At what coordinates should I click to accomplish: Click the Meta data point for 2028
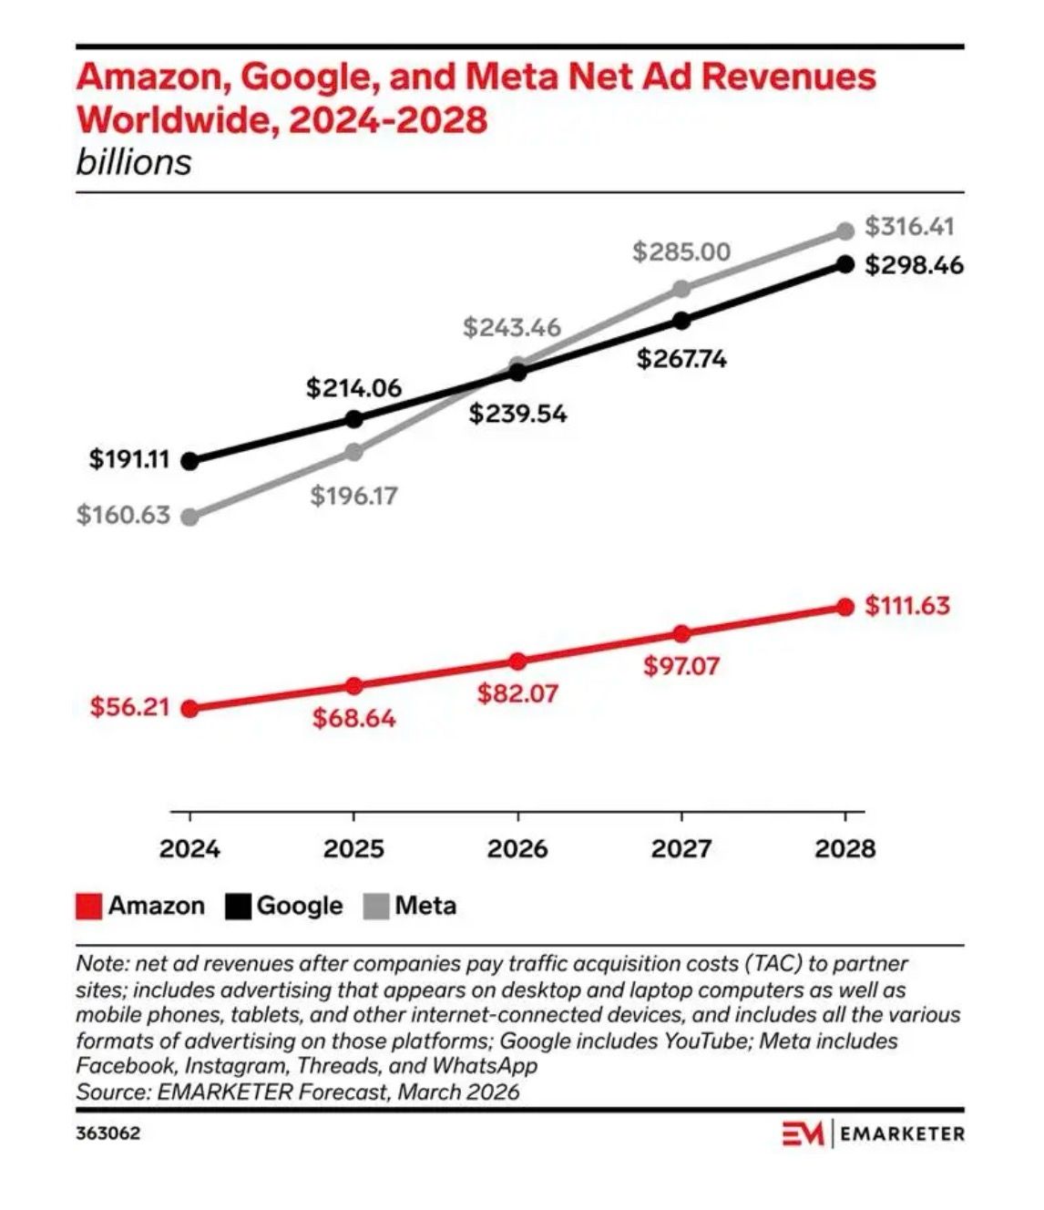(845, 231)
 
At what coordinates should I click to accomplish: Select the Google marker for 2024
(189, 461)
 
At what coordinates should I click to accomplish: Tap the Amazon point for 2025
(354, 685)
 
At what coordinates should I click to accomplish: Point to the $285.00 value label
(681, 251)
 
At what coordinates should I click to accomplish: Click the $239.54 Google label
(517, 415)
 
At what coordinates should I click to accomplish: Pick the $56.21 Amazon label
(129, 707)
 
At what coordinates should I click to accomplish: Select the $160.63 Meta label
(123, 515)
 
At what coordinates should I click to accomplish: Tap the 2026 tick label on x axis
(517, 849)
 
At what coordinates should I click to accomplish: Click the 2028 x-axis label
(844, 849)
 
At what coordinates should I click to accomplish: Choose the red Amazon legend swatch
(88, 907)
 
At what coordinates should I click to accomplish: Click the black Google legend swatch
(239, 907)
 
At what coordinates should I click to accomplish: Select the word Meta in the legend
(425, 907)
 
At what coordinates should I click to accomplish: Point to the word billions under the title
(134, 162)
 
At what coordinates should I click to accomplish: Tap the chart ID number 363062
(107, 1134)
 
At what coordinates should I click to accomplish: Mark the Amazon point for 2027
(681, 634)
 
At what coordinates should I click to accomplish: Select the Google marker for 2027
(681, 321)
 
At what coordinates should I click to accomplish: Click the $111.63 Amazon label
(906, 605)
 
